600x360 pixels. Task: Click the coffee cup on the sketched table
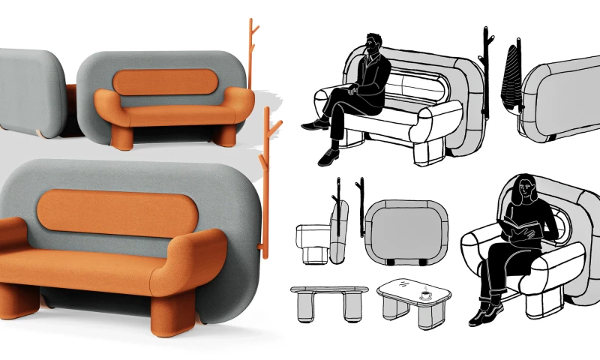pyautogui.click(x=424, y=295)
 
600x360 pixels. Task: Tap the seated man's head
pyautogui.click(x=373, y=46)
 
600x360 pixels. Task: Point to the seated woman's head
pyautogui.click(x=527, y=188)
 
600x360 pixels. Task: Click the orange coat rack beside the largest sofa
pyautogui.click(x=268, y=172)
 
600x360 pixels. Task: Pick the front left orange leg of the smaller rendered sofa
pyautogui.click(x=121, y=137)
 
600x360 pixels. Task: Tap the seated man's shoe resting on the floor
pyautogui.click(x=328, y=157)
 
